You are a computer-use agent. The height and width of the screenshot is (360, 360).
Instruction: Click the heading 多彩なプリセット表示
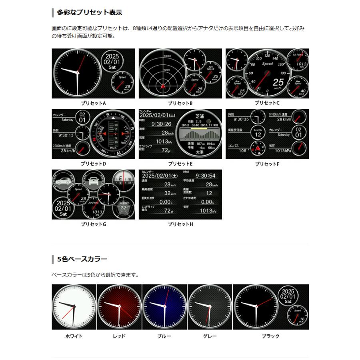(x=89, y=12)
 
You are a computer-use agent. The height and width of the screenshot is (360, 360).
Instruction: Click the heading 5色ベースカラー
(x=82, y=259)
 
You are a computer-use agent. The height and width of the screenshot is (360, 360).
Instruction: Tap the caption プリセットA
(x=93, y=103)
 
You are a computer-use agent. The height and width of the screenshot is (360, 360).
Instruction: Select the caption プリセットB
(x=180, y=103)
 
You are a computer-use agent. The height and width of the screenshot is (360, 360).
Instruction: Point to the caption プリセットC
(x=267, y=103)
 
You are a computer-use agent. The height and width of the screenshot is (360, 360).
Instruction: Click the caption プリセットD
(x=93, y=164)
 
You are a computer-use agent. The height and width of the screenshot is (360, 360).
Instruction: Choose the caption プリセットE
(x=180, y=164)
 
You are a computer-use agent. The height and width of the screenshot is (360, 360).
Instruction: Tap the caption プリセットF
(x=267, y=164)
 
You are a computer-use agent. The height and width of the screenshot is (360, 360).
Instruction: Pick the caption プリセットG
(x=93, y=224)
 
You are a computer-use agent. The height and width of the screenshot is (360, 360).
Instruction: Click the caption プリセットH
(x=180, y=224)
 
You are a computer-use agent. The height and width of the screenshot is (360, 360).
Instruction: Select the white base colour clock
(x=74, y=307)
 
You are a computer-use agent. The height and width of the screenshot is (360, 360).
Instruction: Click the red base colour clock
(x=119, y=307)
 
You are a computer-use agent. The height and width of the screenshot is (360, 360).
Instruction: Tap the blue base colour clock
(x=164, y=307)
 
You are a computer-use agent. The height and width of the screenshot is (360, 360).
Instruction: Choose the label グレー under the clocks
(x=210, y=336)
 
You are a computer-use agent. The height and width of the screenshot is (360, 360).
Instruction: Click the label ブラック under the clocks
(x=270, y=336)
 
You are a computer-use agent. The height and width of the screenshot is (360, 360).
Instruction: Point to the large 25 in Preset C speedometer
(x=279, y=83)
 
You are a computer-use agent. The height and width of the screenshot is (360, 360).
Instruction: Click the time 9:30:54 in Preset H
(x=205, y=176)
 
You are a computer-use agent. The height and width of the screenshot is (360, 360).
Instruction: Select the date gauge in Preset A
(x=112, y=62)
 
